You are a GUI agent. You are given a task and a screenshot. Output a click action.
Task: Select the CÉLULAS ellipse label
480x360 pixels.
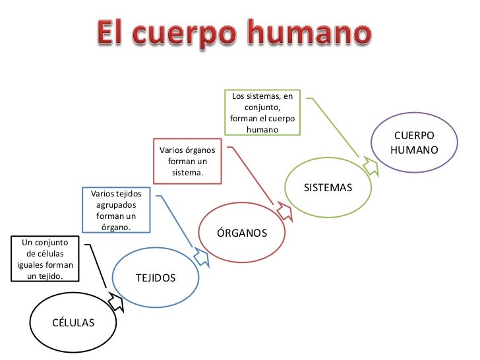[73, 322]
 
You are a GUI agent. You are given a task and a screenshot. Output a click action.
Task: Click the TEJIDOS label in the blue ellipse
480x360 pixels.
[156, 278]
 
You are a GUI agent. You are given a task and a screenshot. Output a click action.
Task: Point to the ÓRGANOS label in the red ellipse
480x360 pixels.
[242, 233]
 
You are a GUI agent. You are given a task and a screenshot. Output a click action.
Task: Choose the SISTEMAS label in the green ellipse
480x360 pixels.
[328, 188]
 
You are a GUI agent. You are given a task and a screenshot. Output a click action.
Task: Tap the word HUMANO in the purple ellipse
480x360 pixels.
[414, 150]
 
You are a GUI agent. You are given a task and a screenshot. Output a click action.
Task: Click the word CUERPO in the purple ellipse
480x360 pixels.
[414, 136]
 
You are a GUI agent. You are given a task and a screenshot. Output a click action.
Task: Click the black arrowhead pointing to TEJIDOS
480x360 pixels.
[115, 302]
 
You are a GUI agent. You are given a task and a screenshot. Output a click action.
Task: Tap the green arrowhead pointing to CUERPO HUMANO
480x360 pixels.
[371, 166]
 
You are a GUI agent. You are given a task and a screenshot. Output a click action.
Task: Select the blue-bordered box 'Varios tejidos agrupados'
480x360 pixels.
[117, 210]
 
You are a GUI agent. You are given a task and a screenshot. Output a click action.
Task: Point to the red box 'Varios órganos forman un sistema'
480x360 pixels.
[187, 161]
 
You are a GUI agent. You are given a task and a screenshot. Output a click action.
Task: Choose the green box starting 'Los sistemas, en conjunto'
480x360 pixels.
[262, 113]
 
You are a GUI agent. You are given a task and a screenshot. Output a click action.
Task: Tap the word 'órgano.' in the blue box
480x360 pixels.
[117, 227]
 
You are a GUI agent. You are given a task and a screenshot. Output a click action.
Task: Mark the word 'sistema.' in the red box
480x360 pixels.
[187, 173]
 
